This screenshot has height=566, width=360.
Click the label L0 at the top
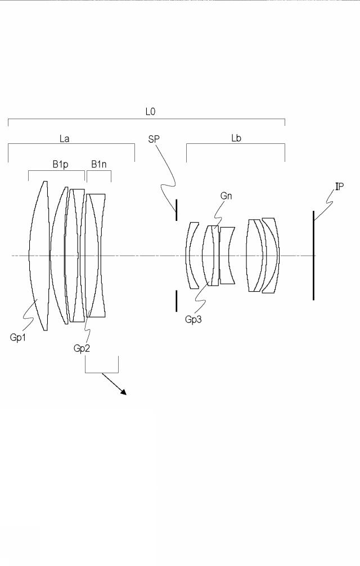point(150,111)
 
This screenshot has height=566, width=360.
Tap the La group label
point(64,139)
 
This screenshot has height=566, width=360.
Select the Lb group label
point(236,138)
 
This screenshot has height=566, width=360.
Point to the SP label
point(154,139)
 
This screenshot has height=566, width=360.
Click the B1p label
point(60,165)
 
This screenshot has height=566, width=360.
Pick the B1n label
point(98,165)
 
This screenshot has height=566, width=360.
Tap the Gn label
point(226,196)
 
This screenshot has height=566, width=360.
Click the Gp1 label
point(17,337)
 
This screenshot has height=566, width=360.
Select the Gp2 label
point(82,348)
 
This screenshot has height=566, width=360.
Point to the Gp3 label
point(193,319)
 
